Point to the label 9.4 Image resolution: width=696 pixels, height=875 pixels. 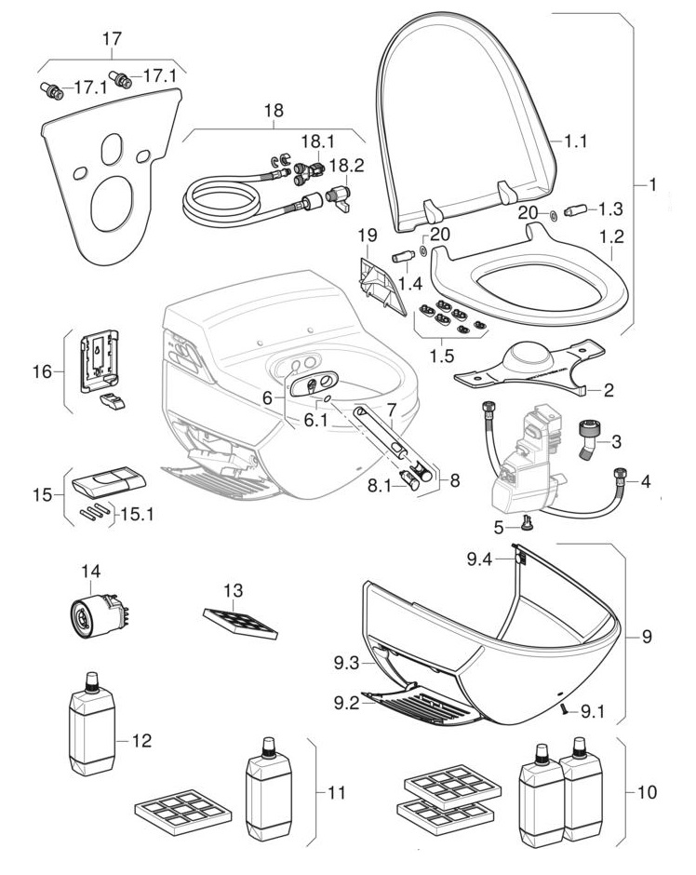pyautogui.click(x=480, y=559)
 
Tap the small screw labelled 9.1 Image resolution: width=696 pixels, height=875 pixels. pyautogui.click(x=563, y=710)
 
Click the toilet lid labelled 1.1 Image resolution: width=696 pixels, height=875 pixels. pyautogui.click(x=465, y=121)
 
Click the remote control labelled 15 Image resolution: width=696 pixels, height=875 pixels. pyautogui.click(x=108, y=483)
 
